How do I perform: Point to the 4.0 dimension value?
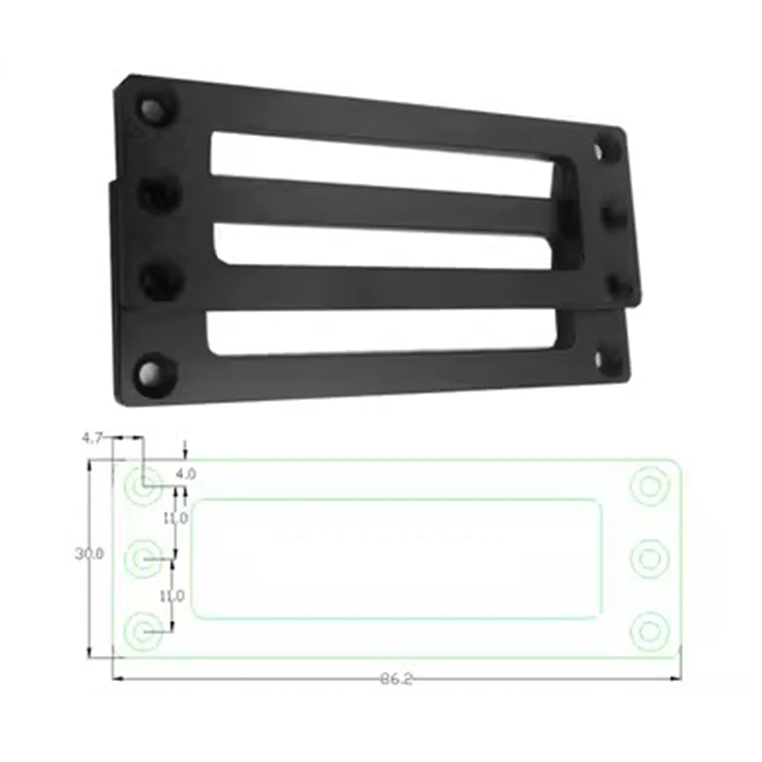coord(186,472)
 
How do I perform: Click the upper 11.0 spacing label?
coord(173,518)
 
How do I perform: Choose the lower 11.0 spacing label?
coord(173,595)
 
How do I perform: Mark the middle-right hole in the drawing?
coord(651,558)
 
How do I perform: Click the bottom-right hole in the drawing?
coord(651,629)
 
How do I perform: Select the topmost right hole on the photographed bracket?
coord(606,149)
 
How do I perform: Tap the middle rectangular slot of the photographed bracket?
coord(381,246)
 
